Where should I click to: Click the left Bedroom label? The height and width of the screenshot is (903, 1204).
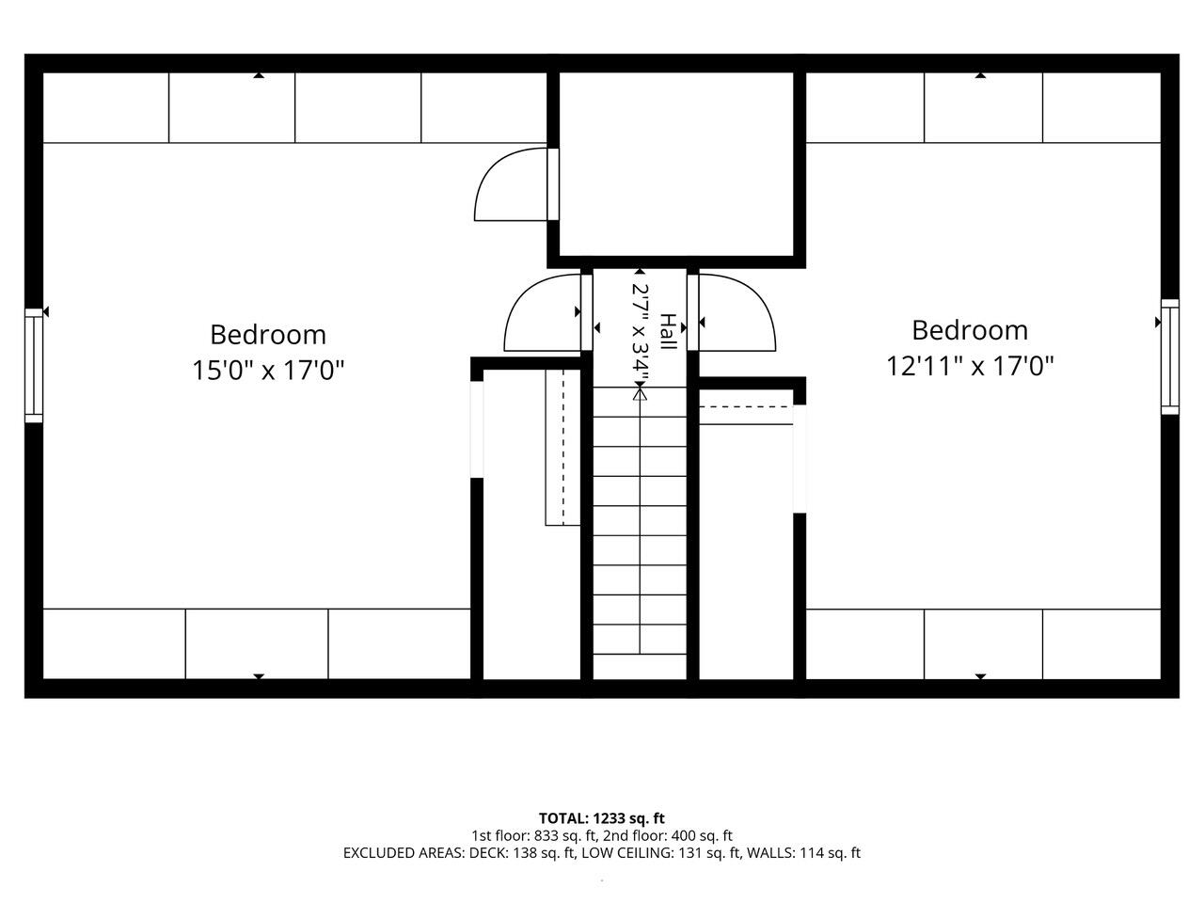coord(268,335)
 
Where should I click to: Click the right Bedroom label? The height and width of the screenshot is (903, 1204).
coord(970,330)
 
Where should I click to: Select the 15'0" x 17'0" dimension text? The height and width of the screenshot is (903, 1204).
coord(268,370)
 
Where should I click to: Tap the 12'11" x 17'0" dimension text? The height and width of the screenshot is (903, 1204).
coord(970,366)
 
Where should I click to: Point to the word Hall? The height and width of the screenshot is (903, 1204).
coord(668,331)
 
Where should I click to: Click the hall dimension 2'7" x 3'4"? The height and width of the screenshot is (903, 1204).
coord(641,335)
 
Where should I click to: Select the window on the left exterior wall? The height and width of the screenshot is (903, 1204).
coord(34,365)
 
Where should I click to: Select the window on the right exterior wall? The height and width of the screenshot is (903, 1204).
coord(1169,356)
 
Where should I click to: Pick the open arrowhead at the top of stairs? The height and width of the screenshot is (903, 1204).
coord(640,393)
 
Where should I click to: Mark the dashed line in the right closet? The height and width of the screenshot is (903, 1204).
coord(746,406)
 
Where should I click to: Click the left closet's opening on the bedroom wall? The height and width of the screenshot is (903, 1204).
coord(477,429)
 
